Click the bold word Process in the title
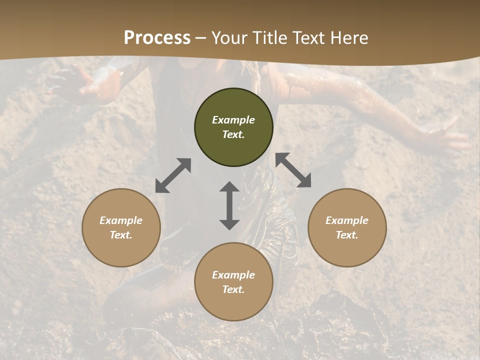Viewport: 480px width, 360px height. pos(157,38)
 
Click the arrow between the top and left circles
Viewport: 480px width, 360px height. pos(173,175)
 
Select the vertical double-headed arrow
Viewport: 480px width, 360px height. pos(229,205)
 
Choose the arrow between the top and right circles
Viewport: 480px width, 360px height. pos(293,170)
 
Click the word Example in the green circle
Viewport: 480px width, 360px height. pos(233,120)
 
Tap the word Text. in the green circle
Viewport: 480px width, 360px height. pos(233,134)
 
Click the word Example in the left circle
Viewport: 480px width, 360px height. pos(121,220)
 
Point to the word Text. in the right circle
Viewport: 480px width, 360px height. pos(347,235)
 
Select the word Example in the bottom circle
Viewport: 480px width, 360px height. pos(233,275)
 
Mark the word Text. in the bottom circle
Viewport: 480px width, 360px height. pos(233,289)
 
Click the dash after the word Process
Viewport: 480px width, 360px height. pos(201,38)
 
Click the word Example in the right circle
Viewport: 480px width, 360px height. pos(347,220)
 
